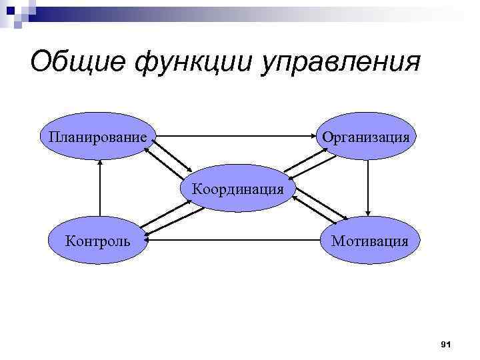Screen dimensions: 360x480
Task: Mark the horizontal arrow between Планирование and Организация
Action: click(234, 135)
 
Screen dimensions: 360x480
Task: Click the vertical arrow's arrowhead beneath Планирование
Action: click(99, 165)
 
